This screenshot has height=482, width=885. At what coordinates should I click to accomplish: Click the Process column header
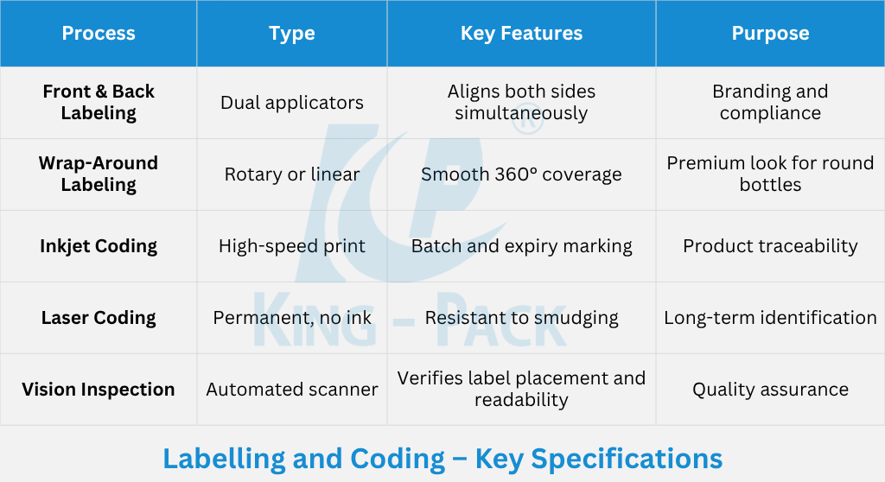pyautogui.click(x=99, y=34)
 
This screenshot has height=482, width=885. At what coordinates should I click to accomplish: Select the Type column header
pyautogui.click(x=292, y=34)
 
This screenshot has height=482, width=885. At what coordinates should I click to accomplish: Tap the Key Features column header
pyautogui.click(x=521, y=34)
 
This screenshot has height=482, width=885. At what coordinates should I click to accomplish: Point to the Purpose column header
pyautogui.click(x=770, y=34)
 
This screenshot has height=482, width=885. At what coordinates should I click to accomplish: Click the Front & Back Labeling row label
pyautogui.click(x=99, y=102)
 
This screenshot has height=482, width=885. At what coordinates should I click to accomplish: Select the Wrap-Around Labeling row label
pyautogui.click(x=99, y=174)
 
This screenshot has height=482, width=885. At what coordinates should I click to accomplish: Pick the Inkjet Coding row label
pyautogui.click(x=99, y=246)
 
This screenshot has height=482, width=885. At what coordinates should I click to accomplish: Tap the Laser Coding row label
pyautogui.click(x=99, y=318)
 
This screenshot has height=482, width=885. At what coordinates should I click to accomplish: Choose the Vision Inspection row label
pyautogui.click(x=99, y=390)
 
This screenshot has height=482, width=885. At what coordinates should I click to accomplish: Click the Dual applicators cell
pyautogui.click(x=292, y=103)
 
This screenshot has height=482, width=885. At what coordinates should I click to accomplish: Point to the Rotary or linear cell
pyautogui.click(x=292, y=174)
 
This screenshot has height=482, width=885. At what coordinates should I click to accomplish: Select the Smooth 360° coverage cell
pyautogui.click(x=521, y=174)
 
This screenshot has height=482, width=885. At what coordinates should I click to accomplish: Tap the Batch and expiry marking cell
pyautogui.click(x=521, y=246)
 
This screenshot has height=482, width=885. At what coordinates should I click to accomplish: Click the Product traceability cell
pyautogui.click(x=770, y=246)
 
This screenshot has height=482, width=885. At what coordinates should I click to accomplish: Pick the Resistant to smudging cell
pyautogui.click(x=521, y=318)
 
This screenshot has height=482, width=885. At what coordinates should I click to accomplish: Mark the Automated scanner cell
pyautogui.click(x=292, y=390)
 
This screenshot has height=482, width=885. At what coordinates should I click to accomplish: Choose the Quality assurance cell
pyautogui.click(x=770, y=390)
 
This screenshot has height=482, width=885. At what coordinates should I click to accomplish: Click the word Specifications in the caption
pyautogui.click(x=627, y=459)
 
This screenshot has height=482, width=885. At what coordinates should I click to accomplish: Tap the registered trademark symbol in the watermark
pyautogui.click(x=528, y=120)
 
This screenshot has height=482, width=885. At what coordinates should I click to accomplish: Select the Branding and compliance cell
pyautogui.click(x=770, y=102)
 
